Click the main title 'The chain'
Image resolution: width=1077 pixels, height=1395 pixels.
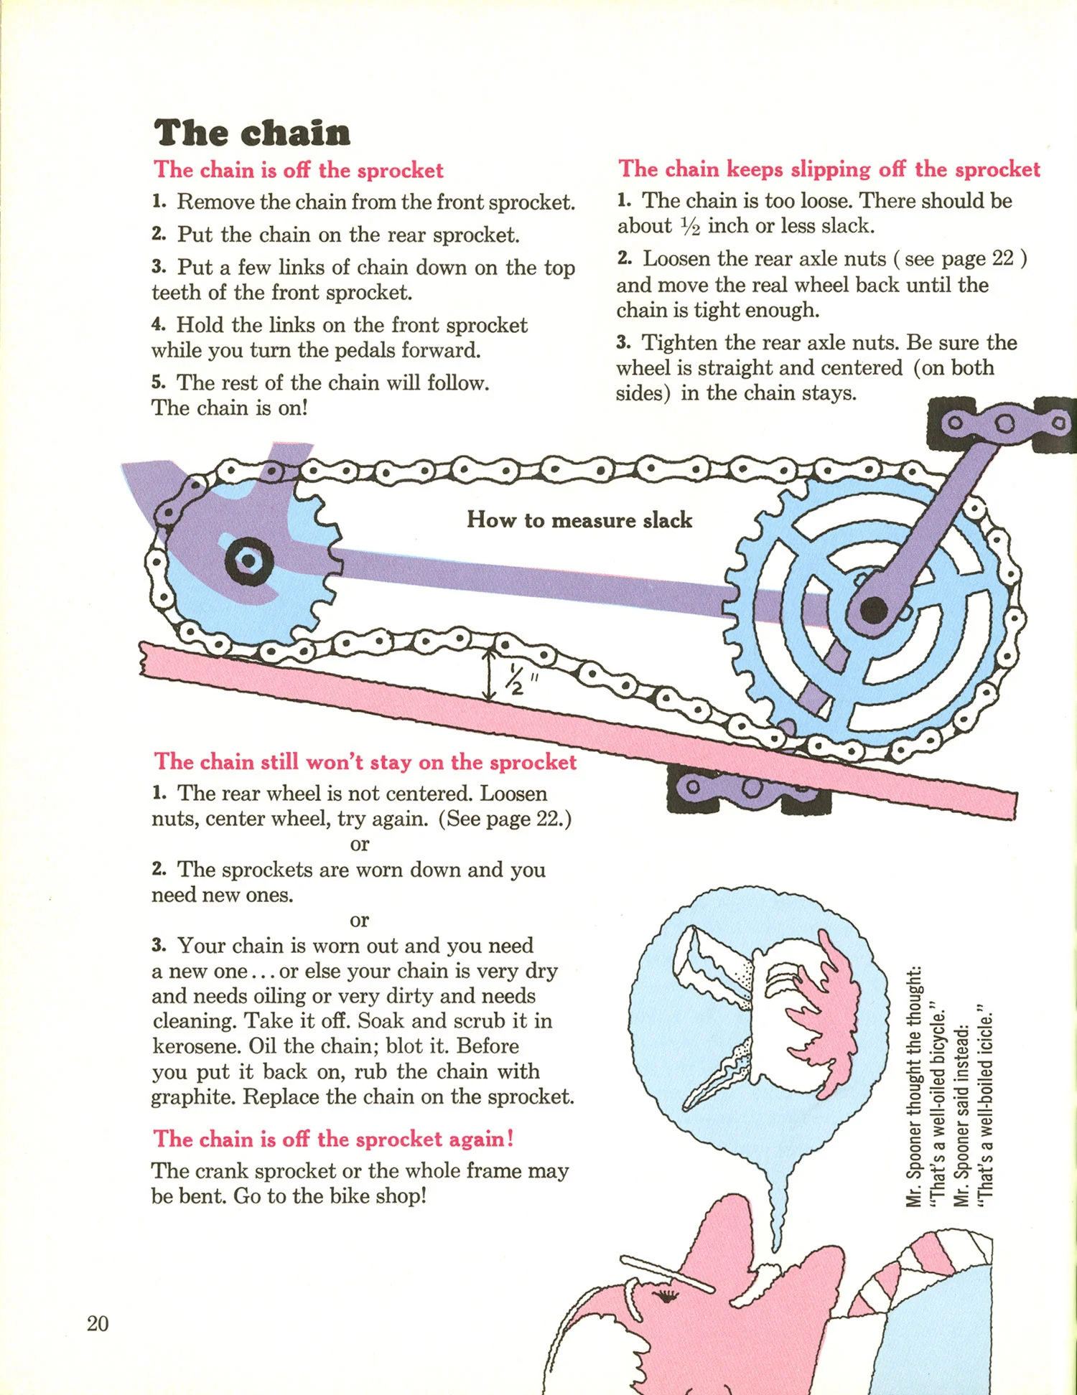click(x=252, y=133)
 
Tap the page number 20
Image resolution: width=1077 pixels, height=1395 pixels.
click(x=98, y=1323)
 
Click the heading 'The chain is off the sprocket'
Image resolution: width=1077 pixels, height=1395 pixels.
click(x=299, y=171)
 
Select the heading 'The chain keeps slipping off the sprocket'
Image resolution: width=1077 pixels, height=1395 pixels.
click(x=829, y=169)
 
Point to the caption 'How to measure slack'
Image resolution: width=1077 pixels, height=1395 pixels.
click(x=579, y=520)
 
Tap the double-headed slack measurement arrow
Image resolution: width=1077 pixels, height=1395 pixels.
click(x=490, y=675)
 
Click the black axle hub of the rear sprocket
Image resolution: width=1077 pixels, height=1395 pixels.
click(x=248, y=560)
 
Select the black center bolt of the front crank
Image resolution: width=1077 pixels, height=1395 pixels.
click(x=874, y=611)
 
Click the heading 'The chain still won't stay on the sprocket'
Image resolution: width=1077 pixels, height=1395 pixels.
click(x=365, y=762)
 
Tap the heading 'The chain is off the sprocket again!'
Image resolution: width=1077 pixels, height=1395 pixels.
click(x=334, y=1140)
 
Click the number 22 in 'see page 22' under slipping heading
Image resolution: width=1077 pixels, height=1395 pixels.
click(x=1002, y=258)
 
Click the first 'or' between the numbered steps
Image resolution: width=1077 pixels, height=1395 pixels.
click(x=359, y=845)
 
